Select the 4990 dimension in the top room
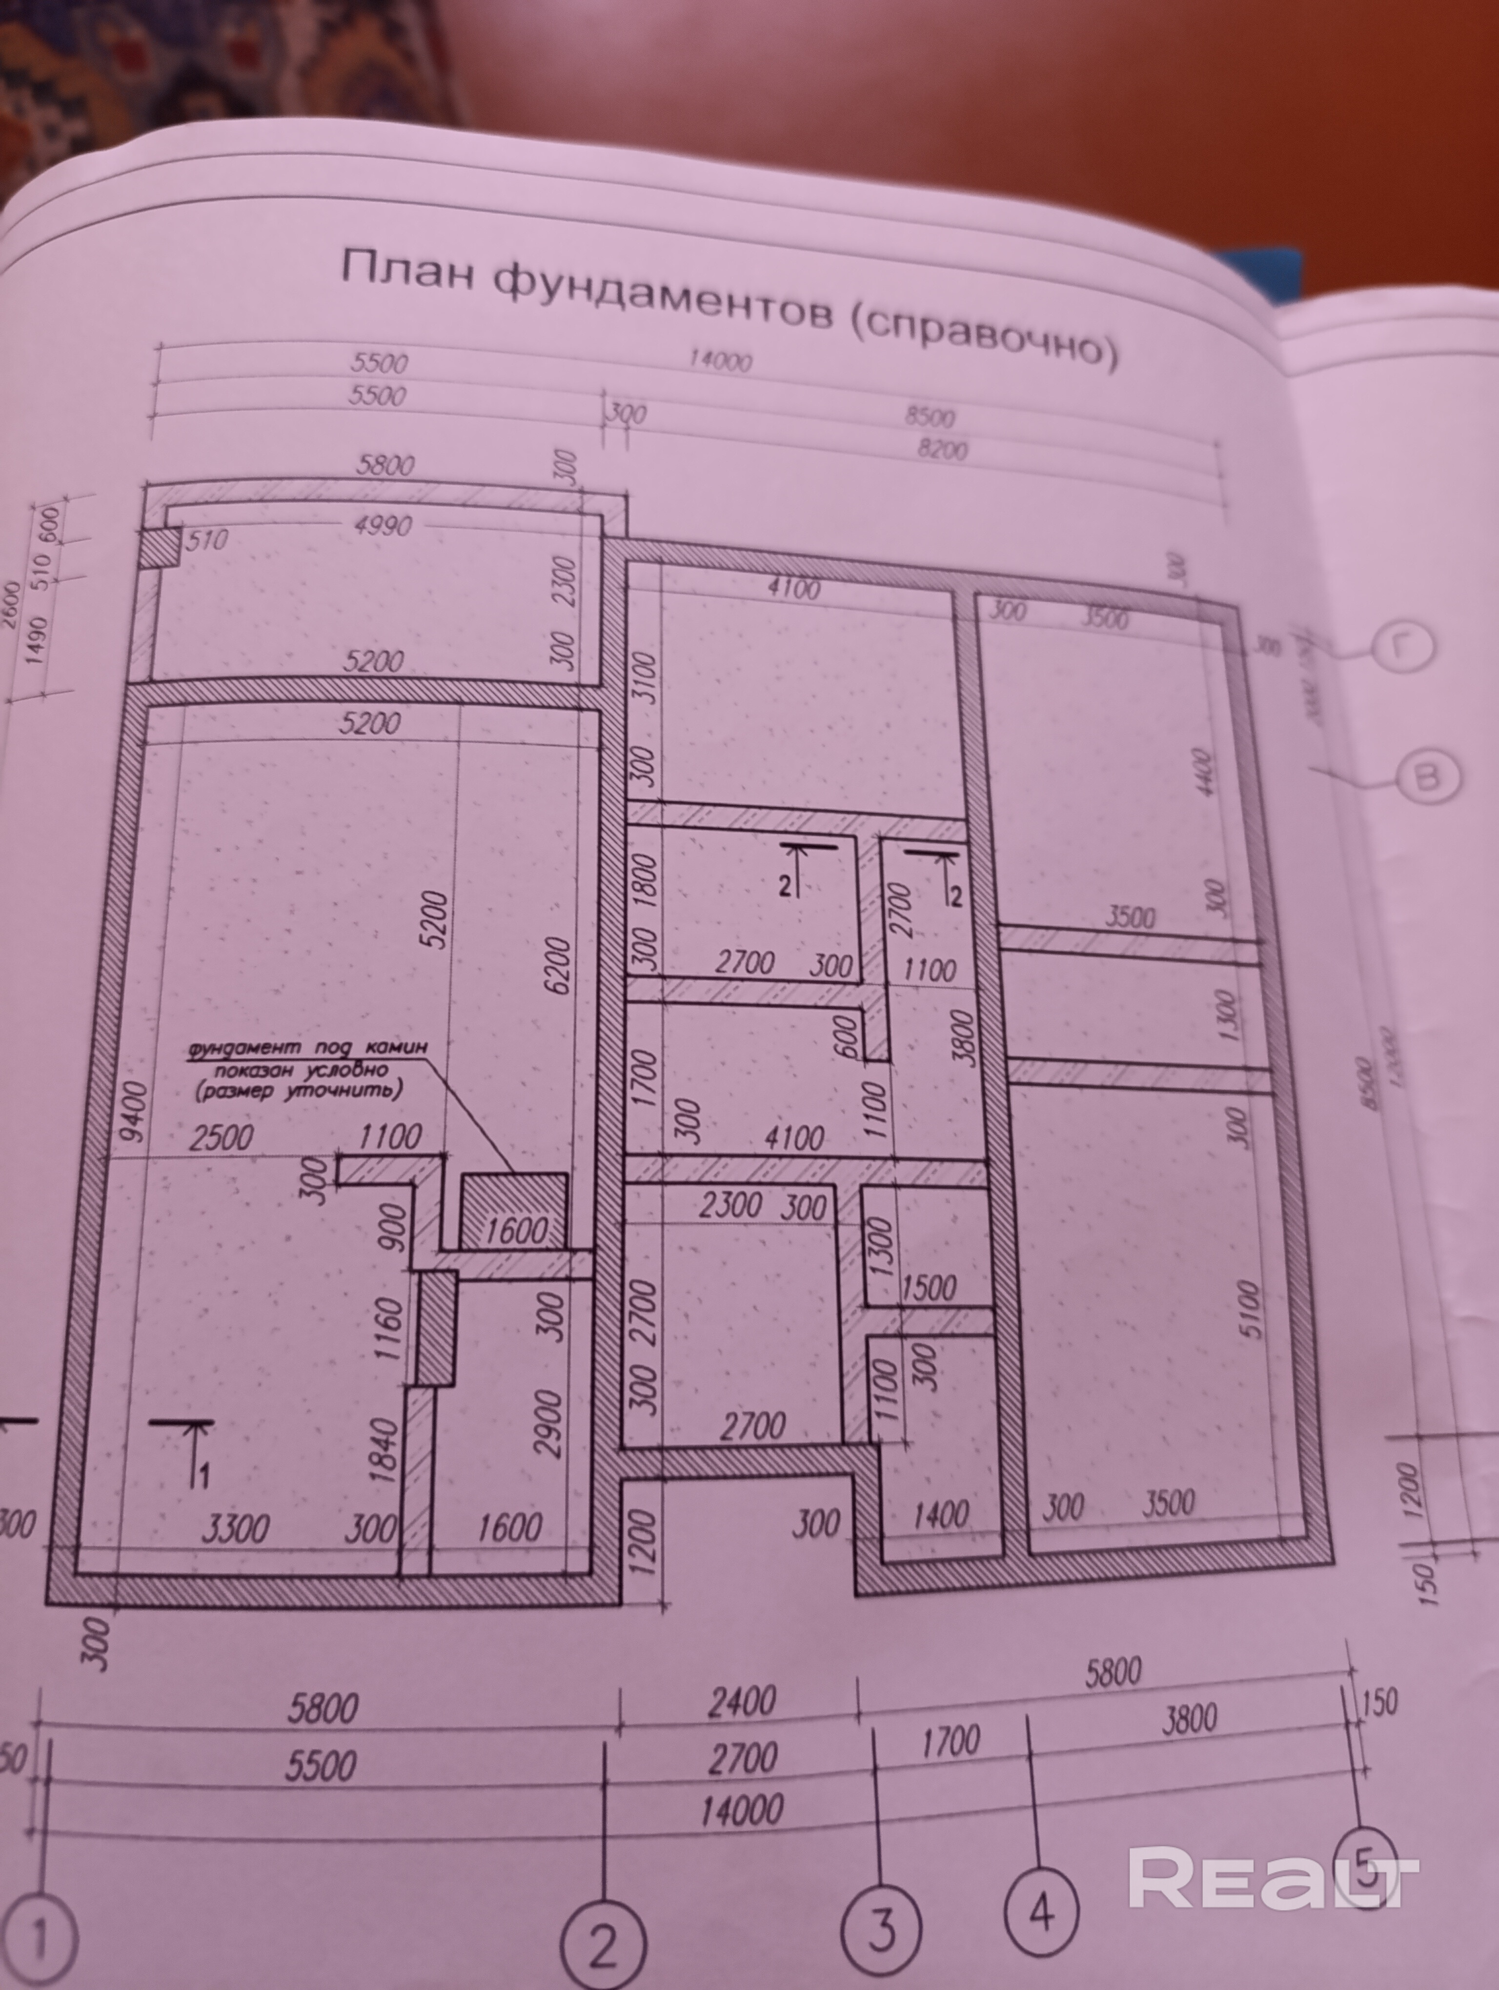pyautogui.click(x=383, y=524)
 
